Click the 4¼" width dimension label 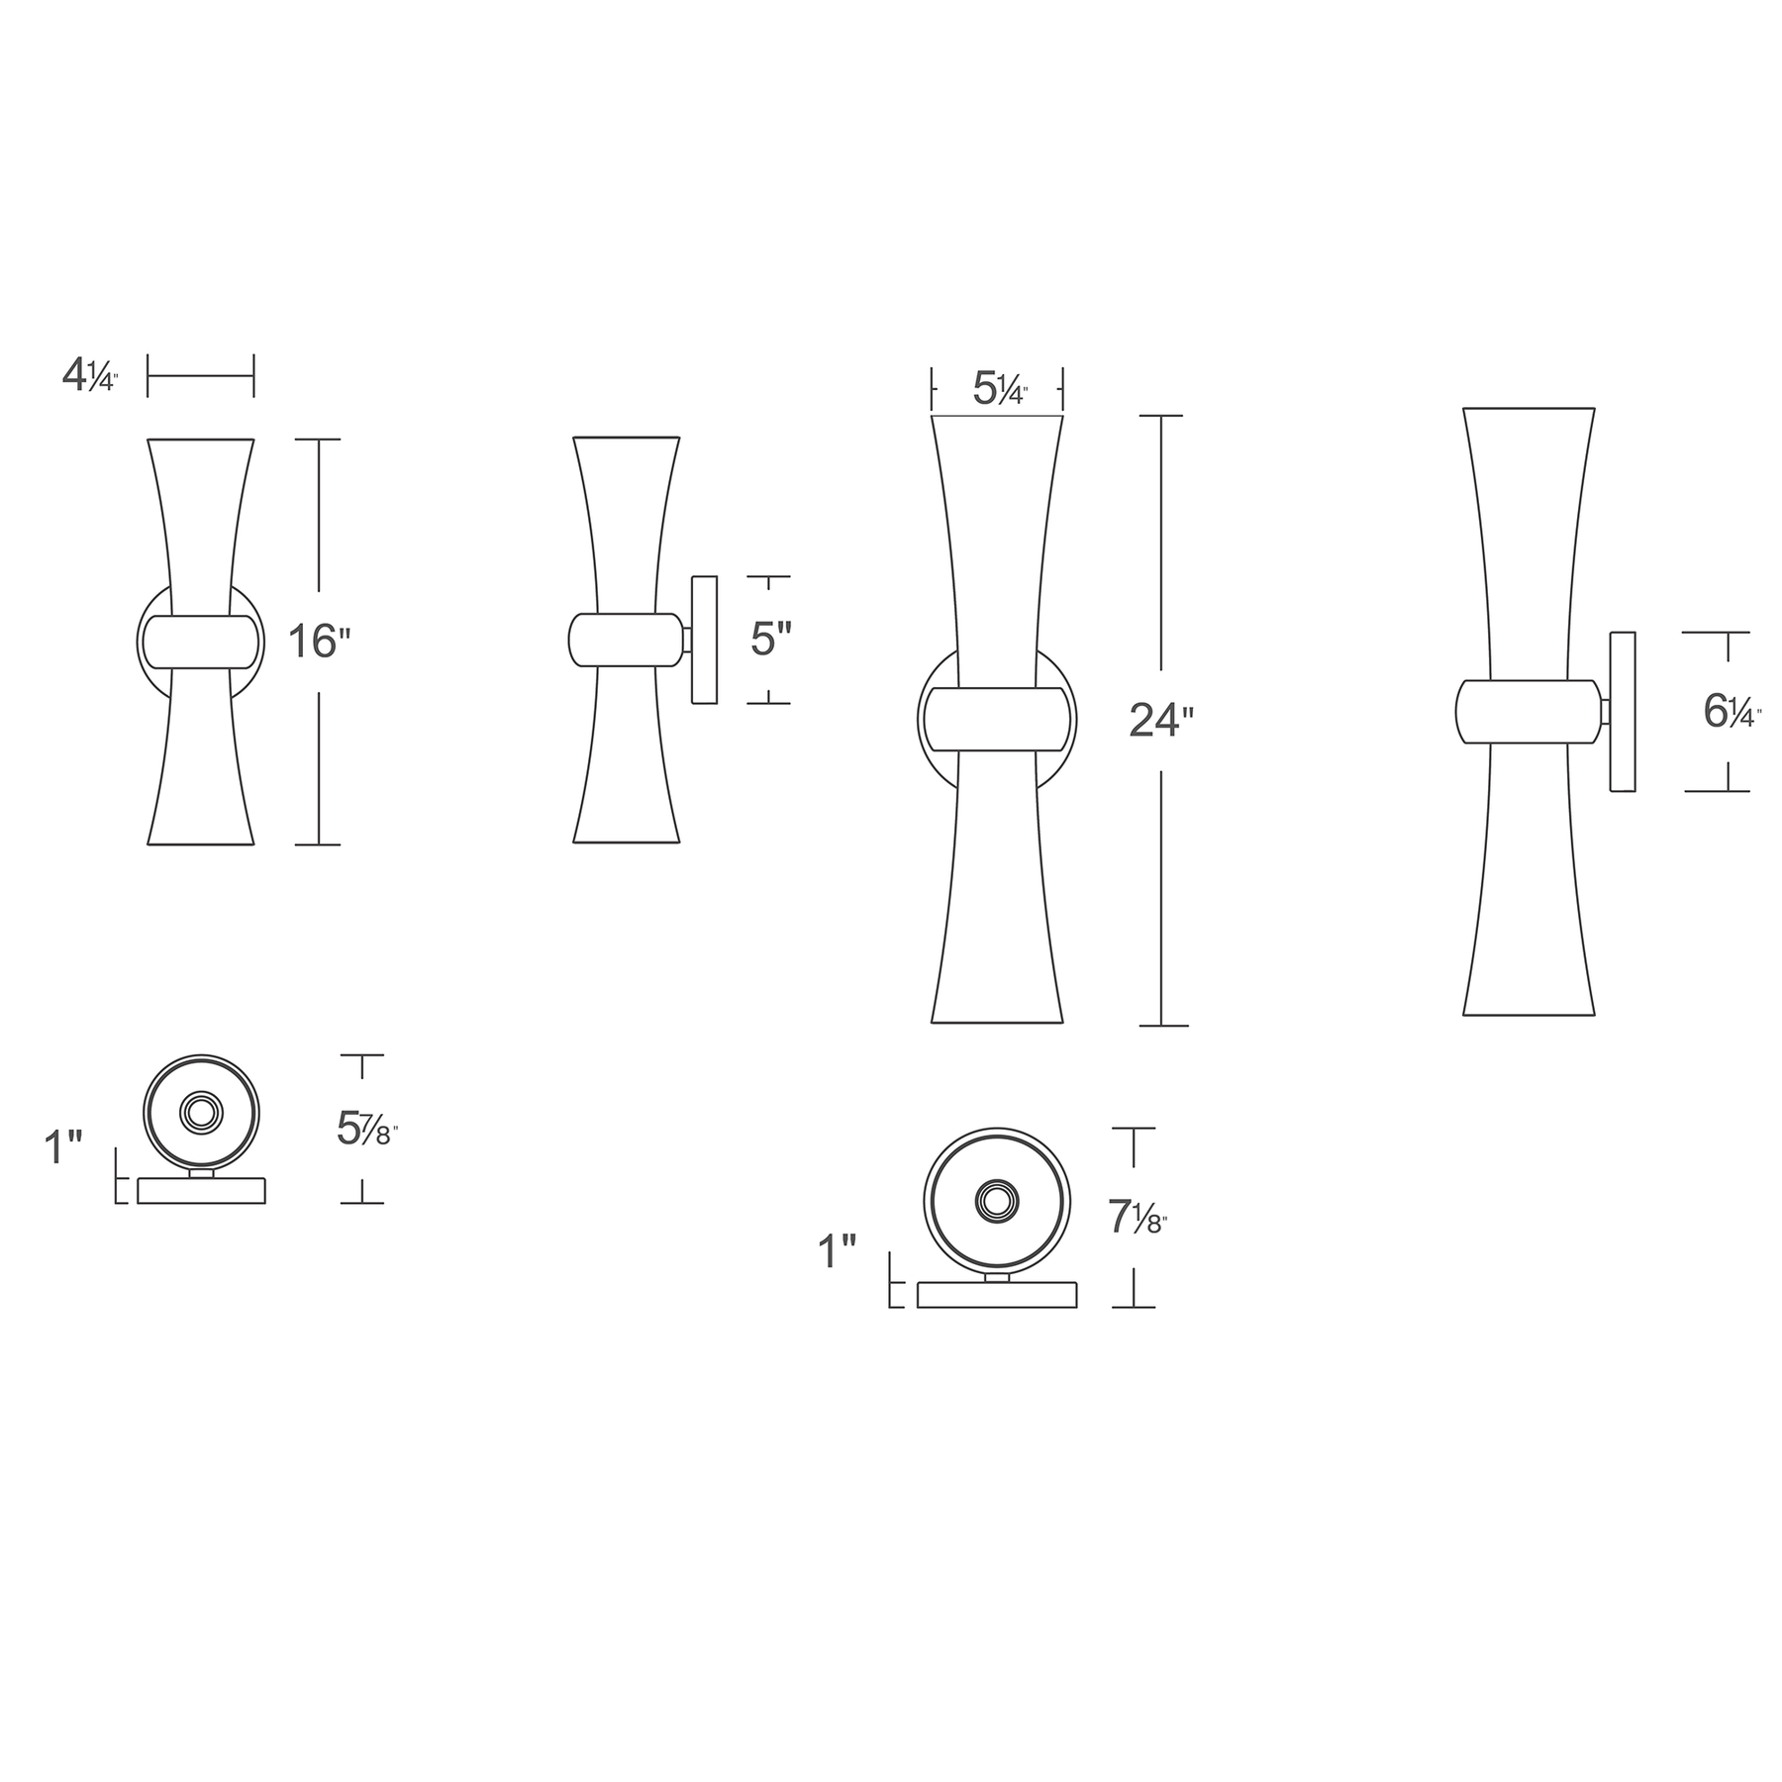(90, 376)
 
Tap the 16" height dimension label (320, 641)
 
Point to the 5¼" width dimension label (1000, 389)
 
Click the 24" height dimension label (1155, 721)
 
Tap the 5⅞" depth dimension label (367, 1129)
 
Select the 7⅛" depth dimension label (1138, 1217)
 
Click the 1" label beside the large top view (837, 1252)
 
